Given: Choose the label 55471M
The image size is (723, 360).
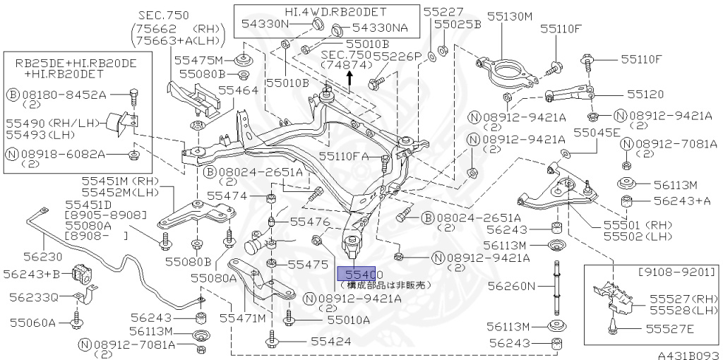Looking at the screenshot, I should coord(242,319).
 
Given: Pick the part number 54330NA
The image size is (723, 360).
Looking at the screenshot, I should coord(380,29).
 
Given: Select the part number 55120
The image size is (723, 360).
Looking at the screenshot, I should coord(645,93).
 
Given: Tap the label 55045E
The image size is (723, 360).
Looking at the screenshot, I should coord(597,132).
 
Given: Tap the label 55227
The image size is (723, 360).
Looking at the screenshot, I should coord(444,11).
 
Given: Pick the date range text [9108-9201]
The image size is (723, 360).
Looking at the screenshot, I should coord(677,272).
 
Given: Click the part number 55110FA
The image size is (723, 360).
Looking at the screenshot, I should coord(344,156).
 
